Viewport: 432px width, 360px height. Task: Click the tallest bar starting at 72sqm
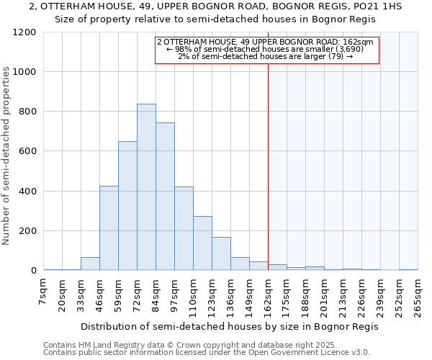[x=146, y=187]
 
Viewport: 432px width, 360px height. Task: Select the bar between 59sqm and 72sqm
[x=127, y=206]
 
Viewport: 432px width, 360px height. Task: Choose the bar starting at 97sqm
[x=184, y=229]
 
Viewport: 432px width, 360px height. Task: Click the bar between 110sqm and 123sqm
[x=202, y=243]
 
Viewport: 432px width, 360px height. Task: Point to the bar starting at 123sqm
[x=221, y=253]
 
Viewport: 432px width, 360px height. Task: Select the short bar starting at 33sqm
[x=90, y=264]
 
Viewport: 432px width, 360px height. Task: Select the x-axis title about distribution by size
[x=229, y=326]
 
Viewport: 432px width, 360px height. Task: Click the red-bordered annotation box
[x=266, y=50]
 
